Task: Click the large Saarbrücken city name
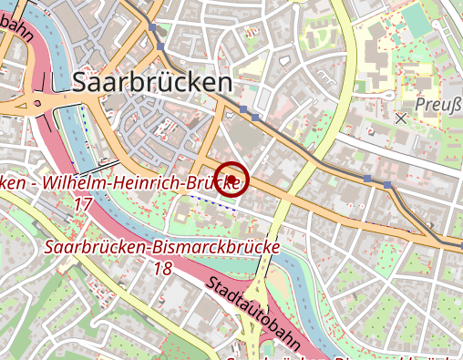pyautogui.click(x=150, y=82)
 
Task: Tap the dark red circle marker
pyautogui.click(x=233, y=179)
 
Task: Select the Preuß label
pyautogui.click(x=438, y=105)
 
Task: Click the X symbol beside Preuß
pyautogui.click(x=401, y=118)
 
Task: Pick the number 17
pyautogui.click(x=82, y=204)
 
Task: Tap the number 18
pyautogui.click(x=162, y=269)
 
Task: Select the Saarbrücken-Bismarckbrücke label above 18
pyautogui.click(x=162, y=247)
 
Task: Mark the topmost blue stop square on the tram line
pyautogui.click(x=161, y=46)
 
